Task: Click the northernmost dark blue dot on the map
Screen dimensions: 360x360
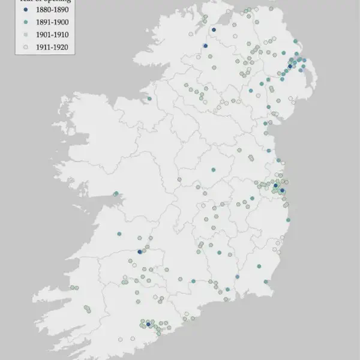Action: (213, 28)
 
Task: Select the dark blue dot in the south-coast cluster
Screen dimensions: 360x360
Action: (148, 324)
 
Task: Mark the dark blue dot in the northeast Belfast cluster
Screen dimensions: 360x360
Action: (290, 67)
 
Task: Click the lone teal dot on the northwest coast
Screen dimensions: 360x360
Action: (149, 98)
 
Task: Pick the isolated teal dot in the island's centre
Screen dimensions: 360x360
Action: (213, 170)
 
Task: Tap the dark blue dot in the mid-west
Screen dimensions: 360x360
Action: (139, 252)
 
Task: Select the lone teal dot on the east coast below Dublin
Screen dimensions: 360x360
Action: (289, 221)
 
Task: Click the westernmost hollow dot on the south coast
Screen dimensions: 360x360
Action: (121, 340)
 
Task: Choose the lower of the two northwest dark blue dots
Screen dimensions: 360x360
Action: (205, 46)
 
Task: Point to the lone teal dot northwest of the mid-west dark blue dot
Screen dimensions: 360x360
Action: (119, 233)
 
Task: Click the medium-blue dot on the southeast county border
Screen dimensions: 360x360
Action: (237, 277)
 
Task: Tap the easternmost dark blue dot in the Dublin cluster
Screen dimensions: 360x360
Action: (283, 191)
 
